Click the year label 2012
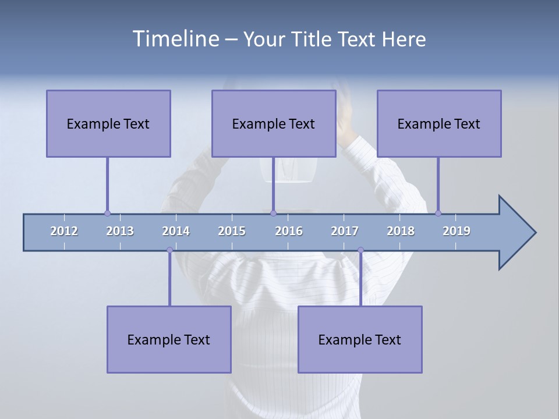pyautogui.click(x=64, y=231)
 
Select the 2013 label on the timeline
pyautogui.click(x=120, y=231)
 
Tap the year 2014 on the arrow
pyautogui.click(x=176, y=231)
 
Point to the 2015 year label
pyautogui.click(x=232, y=231)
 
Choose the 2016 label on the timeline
pyautogui.click(x=289, y=231)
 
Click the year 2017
pyautogui.click(x=345, y=231)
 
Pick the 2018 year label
pyautogui.click(x=401, y=231)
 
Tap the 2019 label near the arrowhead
pyautogui.click(x=457, y=231)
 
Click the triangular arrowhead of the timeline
pyautogui.click(x=515, y=233)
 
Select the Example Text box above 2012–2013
pyautogui.click(x=108, y=123)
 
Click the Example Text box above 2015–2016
pyautogui.click(x=274, y=123)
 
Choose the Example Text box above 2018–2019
pyautogui.click(x=439, y=123)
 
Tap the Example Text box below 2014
pyautogui.click(x=169, y=339)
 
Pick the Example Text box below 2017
pyautogui.click(x=360, y=339)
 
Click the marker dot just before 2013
pyautogui.click(x=107, y=213)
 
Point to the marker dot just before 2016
pyautogui.click(x=273, y=213)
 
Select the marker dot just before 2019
pyautogui.click(x=438, y=213)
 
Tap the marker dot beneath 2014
pyautogui.click(x=169, y=250)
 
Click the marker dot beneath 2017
pyautogui.click(x=360, y=250)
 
